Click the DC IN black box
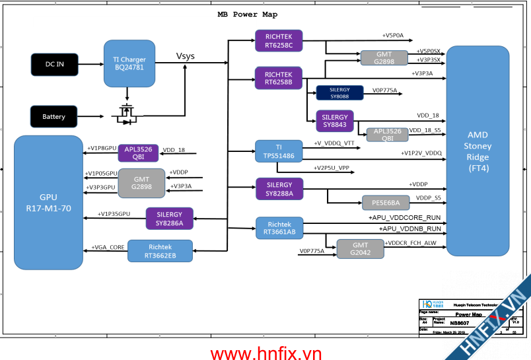pyautogui.click(x=54, y=64)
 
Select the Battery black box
pyautogui.click(x=54, y=116)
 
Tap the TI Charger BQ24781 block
pyautogui.click(x=129, y=63)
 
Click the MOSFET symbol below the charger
pyautogui.click(x=126, y=114)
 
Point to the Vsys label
pyautogui.click(x=186, y=55)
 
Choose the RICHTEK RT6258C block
pyautogui.click(x=279, y=40)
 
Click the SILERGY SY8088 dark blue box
pyautogui.click(x=339, y=92)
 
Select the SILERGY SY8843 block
pyautogui.click(x=335, y=120)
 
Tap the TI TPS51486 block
pyautogui.click(x=279, y=151)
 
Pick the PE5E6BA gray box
pyautogui.click(x=386, y=203)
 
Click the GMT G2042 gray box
pyautogui.click(x=360, y=248)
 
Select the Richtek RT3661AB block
pyautogui.click(x=279, y=228)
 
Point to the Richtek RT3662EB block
pyautogui.click(x=160, y=251)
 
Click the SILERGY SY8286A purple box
pyautogui.click(x=170, y=219)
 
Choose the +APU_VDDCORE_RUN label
pyautogui.click(x=404, y=217)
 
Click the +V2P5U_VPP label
pyautogui.click(x=332, y=168)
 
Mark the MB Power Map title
pyautogui.click(x=248, y=15)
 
